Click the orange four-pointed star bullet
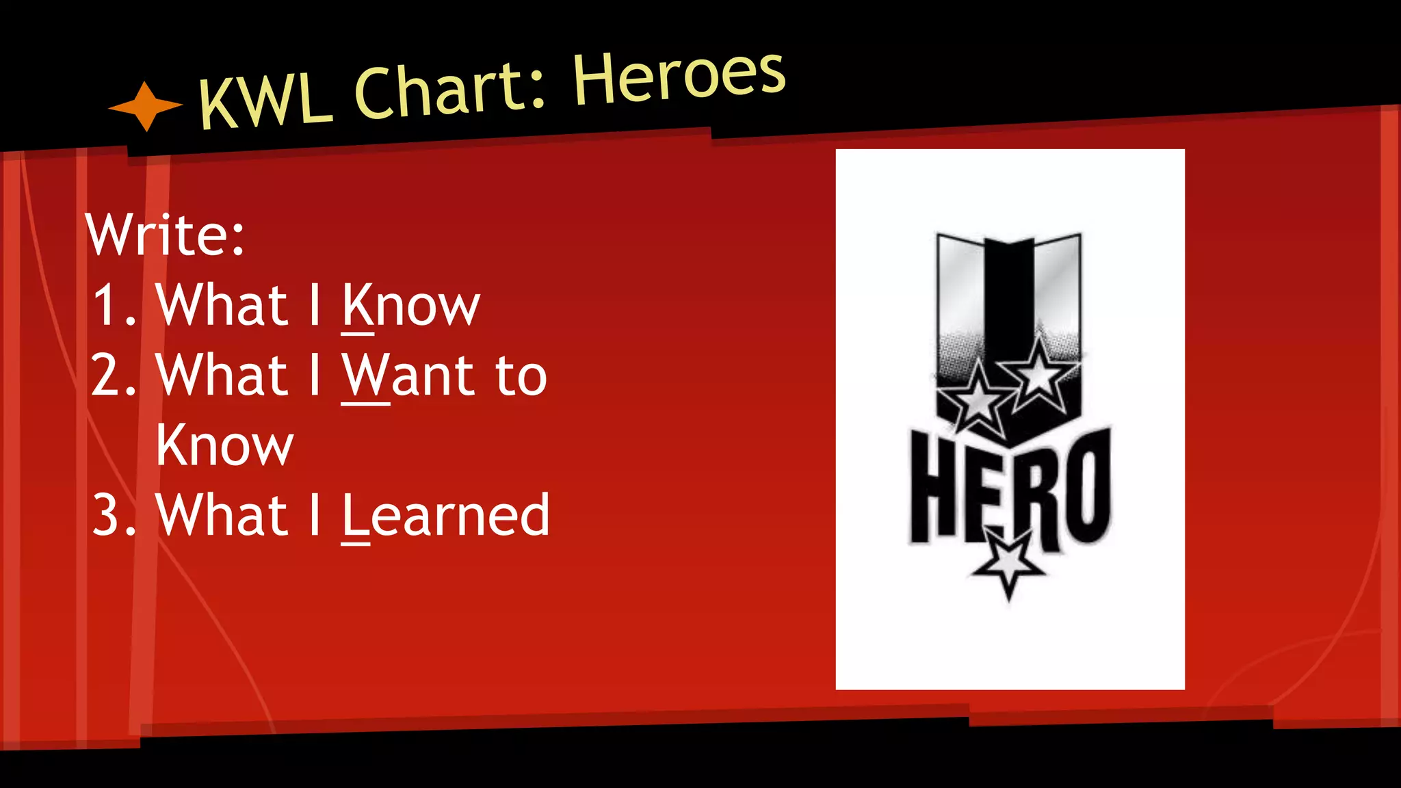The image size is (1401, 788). (146, 106)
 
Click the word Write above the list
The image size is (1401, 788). (164, 235)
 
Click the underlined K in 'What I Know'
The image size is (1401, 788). (358, 306)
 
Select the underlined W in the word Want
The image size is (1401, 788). (365, 376)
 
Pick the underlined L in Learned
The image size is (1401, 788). (355, 515)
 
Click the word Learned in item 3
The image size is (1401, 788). (445, 515)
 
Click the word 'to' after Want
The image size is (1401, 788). (521, 376)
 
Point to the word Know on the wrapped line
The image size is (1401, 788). (224, 445)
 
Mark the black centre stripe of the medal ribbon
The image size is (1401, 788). (1009, 294)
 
